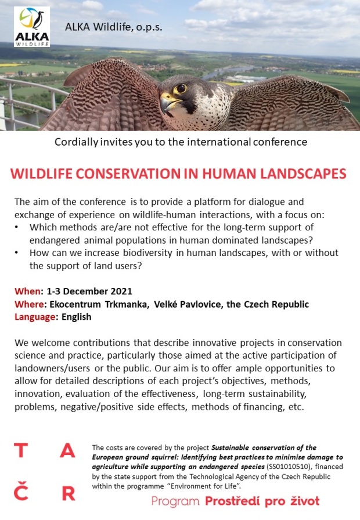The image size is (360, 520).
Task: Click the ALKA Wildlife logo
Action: tap(32, 27)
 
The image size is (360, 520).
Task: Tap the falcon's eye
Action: tap(181, 88)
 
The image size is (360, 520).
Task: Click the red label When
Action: tap(27, 291)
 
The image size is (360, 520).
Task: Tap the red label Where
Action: tap(29, 304)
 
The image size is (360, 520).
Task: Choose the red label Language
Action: tap(35, 317)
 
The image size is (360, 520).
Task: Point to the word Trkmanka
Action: tap(126, 304)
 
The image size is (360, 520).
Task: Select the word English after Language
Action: tap(76, 317)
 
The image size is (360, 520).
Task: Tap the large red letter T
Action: tap(21, 450)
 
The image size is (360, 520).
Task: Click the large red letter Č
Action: tap(21, 491)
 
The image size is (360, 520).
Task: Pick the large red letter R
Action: tap(69, 493)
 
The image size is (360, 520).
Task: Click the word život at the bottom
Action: tap(305, 501)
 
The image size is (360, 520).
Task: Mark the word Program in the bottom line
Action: tap(175, 501)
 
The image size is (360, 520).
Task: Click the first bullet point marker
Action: tap(17, 228)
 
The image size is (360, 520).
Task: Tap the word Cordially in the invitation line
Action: tap(76, 142)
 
